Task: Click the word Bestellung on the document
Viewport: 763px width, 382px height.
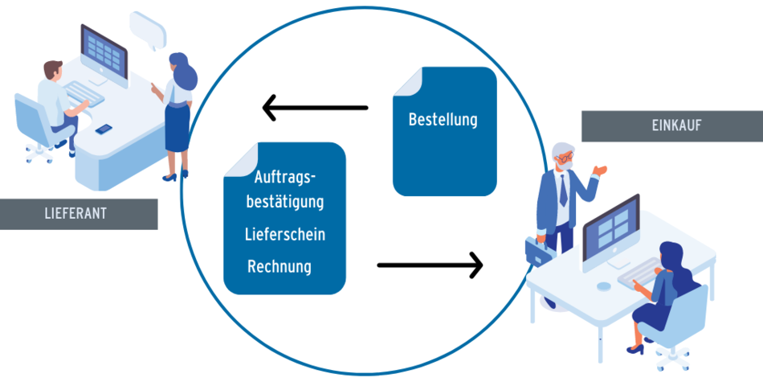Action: point(443,120)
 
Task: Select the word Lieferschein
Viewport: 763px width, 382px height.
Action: point(285,234)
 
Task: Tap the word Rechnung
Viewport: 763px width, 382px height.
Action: point(279,266)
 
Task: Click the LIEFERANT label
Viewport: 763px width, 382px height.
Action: point(79,214)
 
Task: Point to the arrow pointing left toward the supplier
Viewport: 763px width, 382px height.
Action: point(316,108)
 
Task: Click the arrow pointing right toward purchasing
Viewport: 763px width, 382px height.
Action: point(430,265)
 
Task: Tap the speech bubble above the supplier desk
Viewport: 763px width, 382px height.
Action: point(148,31)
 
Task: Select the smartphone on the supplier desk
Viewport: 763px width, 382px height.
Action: point(104,129)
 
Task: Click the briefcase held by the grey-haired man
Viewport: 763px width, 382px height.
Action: point(537,251)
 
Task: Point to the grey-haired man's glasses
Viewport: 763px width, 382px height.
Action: point(566,158)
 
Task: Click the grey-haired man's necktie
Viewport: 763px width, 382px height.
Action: point(563,190)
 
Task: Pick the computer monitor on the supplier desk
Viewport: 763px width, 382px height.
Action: point(104,55)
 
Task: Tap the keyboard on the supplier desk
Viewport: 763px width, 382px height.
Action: point(84,94)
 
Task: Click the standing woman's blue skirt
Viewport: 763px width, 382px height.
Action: point(177,128)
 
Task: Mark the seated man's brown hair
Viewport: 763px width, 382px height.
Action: point(52,68)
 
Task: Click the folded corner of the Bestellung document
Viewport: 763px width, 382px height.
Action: point(408,81)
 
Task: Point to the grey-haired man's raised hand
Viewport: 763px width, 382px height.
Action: point(601,170)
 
